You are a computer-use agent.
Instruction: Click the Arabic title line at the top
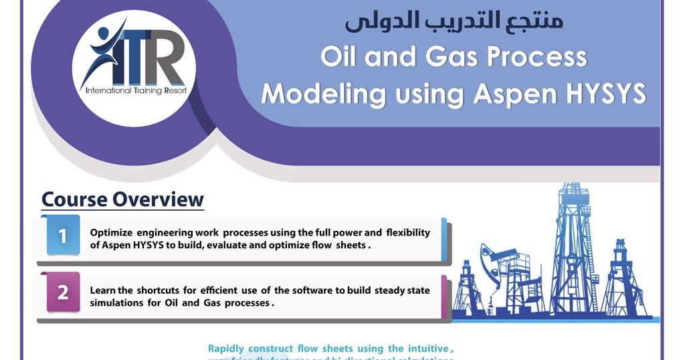(x=454, y=21)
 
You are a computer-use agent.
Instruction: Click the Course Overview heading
(x=122, y=199)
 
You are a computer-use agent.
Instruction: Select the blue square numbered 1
(x=63, y=236)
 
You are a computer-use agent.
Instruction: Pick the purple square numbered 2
(x=63, y=292)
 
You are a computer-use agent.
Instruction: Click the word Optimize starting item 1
(x=112, y=232)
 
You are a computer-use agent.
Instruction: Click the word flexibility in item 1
(x=408, y=232)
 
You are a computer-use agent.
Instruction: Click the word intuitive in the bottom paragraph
(x=428, y=348)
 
